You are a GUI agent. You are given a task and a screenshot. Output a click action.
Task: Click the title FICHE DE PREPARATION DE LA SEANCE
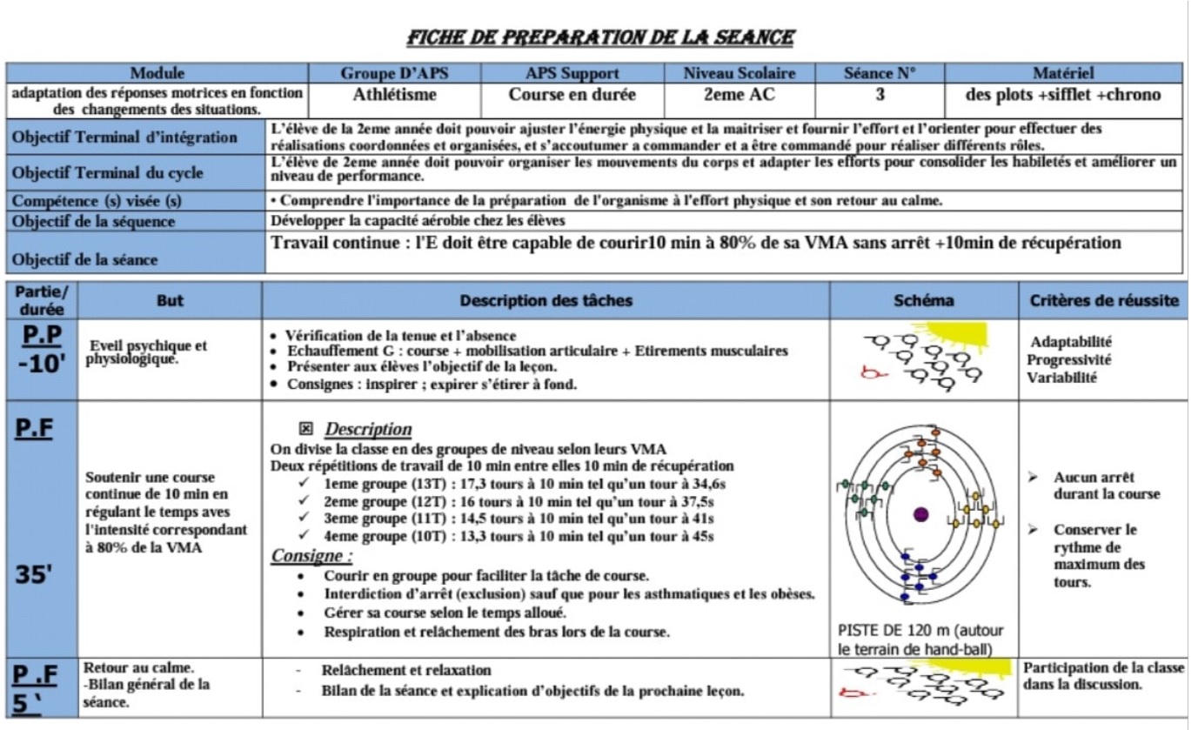click(x=599, y=37)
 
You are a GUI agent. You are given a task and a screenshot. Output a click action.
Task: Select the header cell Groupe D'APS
click(x=394, y=74)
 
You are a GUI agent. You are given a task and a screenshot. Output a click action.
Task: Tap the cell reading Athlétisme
click(x=394, y=95)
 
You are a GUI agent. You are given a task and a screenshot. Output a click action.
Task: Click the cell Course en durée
click(x=572, y=95)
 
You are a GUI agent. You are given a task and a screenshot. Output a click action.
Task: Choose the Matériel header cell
click(x=1062, y=74)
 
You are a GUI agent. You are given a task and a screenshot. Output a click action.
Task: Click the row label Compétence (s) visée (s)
click(x=97, y=201)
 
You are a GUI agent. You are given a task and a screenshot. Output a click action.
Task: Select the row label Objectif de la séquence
click(x=94, y=221)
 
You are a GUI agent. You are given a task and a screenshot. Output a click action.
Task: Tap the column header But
click(x=170, y=301)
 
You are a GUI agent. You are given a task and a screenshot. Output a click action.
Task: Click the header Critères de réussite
click(x=1105, y=301)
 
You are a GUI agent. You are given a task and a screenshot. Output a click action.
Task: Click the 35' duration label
click(x=37, y=577)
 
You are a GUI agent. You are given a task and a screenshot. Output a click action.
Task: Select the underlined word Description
click(x=368, y=430)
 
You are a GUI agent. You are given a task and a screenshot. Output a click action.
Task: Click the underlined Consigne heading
click(x=312, y=555)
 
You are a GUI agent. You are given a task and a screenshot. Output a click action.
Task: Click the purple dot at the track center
click(x=921, y=514)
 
